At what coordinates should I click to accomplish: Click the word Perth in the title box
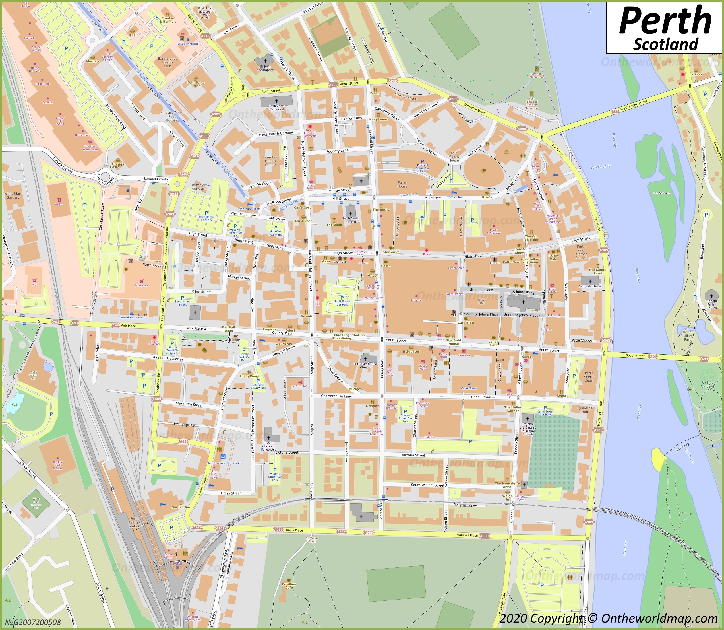point(665,21)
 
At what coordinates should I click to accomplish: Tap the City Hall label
point(481,301)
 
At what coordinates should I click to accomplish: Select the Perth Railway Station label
point(134,522)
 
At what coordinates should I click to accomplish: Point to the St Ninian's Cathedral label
point(276,107)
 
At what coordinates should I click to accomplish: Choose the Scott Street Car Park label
point(342,303)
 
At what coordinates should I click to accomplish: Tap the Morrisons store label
point(142,285)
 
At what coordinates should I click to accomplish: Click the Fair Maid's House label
point(453,157)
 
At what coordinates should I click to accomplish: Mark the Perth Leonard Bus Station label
point(224,463)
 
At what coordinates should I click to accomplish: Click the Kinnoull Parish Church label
point(711,304)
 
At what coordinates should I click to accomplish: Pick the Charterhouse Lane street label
point(336,396)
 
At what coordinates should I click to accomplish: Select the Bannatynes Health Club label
point(167,62)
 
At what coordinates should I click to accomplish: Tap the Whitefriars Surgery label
point(13,195)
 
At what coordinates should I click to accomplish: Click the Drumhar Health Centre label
point(270,161)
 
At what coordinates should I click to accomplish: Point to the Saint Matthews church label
point(590,286)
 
